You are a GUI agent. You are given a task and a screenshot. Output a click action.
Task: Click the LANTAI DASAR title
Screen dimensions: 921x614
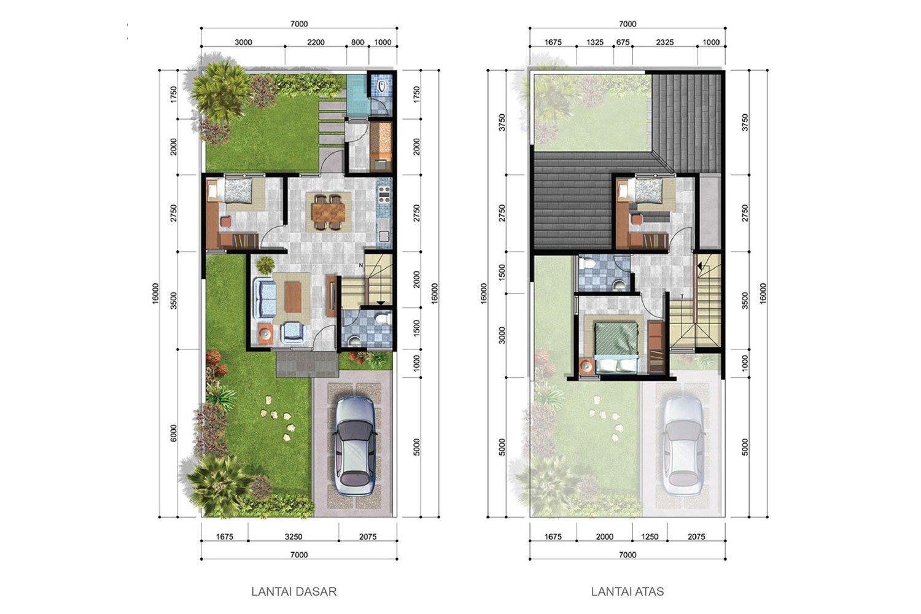tap(294, 591)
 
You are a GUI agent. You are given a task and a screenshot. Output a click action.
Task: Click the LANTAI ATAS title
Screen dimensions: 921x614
tap(628, 591)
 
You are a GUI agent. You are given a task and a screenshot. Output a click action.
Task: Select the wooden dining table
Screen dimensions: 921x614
tap(328, 212)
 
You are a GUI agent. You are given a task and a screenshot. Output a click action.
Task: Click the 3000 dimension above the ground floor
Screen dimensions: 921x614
tap(243, 42)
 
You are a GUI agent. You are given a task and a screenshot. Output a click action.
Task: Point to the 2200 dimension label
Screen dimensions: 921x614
tap(316, 42)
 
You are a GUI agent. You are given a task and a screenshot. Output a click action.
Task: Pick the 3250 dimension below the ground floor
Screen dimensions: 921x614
tap(293, 536)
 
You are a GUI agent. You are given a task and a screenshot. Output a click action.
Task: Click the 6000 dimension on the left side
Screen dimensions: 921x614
tap(174, 433)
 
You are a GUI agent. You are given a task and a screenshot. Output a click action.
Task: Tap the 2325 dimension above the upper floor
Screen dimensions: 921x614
tap(665, 42)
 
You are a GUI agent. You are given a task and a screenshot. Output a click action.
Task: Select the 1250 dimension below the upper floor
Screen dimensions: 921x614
tap(650, 536)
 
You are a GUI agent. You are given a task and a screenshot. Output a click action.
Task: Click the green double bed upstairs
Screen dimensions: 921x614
tap(616, 348)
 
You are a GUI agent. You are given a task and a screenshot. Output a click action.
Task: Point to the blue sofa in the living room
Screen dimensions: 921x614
tap(265, 298)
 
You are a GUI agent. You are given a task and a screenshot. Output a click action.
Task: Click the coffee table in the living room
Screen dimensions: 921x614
tap(293, 297)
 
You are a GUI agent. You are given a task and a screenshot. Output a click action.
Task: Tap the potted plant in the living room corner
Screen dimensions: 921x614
tap(265, 265)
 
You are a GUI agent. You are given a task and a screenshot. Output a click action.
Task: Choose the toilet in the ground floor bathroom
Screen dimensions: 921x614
tap(383, 317)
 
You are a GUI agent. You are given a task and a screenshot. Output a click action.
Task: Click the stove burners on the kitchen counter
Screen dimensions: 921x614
tap(384, 195)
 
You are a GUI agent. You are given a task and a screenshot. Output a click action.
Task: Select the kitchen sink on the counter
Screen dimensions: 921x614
tap(384, 236)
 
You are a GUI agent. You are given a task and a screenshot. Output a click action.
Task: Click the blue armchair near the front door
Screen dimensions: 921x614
tap(293, 332)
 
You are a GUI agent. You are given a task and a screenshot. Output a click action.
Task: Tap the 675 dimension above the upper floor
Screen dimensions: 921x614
tap(623, 42)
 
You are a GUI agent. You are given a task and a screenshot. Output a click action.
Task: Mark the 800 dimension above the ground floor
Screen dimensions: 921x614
tap(358, 42)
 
